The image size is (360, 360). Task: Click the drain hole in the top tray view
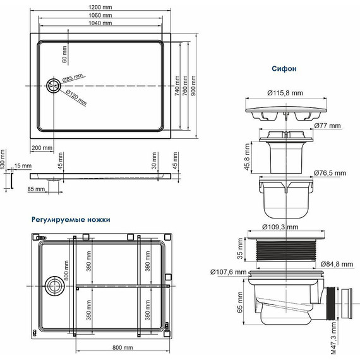coord(53,85)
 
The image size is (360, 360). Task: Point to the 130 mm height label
coord(3,166)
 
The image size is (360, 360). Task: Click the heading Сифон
coord(284,67)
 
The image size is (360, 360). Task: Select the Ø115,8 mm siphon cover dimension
coord(285,92)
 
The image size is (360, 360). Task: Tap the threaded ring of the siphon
coord(285,251)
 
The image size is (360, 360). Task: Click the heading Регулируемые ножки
coord(71,220)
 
